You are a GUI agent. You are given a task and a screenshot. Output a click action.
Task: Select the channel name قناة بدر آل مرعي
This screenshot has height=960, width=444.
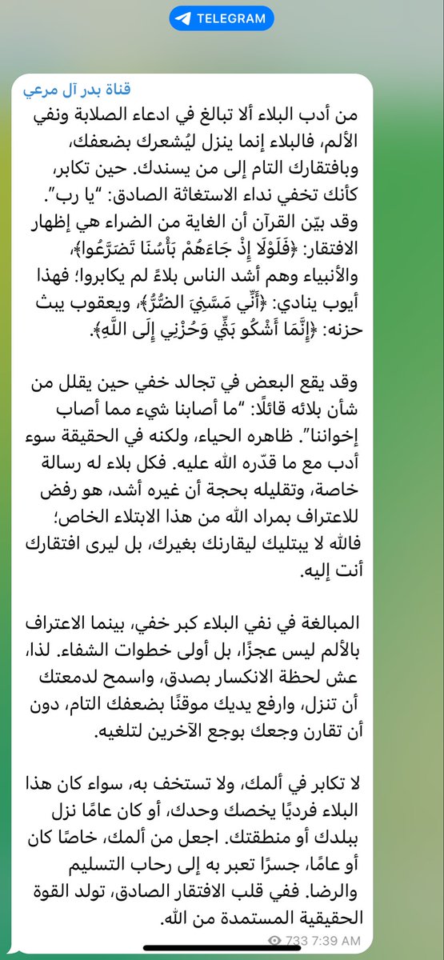click(74, 86)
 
